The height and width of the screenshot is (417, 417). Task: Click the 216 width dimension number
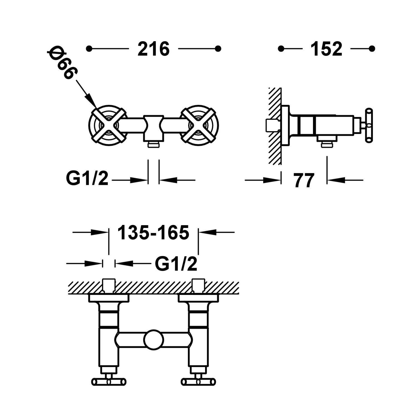coord(153,49)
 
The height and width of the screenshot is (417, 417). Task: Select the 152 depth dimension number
coord(326,49)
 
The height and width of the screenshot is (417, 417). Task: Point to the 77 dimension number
coord(304,181)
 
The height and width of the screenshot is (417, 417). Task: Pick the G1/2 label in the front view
coord(87,178)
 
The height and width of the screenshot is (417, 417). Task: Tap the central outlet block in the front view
coord(153,128)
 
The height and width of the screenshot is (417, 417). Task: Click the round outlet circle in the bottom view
coord(153,339)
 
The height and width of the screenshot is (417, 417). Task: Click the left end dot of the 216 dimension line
coord(89,49)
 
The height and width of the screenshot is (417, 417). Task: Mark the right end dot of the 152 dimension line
coord(372,49)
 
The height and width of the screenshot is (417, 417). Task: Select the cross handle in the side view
coord(369,126)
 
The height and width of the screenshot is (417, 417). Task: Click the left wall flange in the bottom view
coord(109,298)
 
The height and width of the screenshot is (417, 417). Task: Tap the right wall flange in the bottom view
coord(198,298)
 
